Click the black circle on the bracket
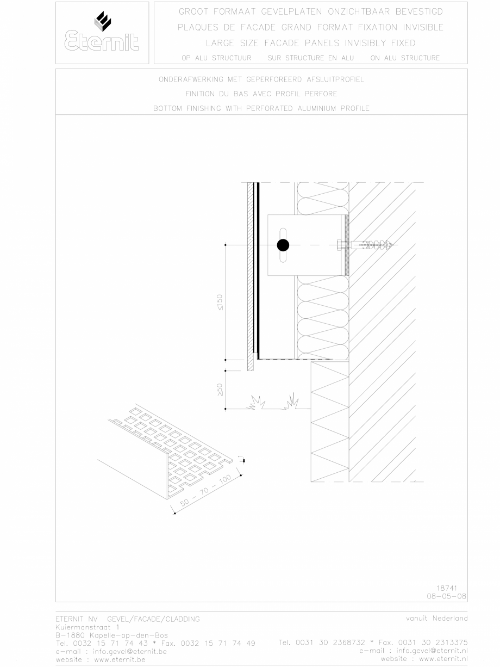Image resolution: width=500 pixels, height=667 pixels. (x=283, y=245)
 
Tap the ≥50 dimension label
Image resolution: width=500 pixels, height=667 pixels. (x=219, y=390)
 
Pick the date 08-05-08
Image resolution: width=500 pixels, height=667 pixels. (x=443, y=596)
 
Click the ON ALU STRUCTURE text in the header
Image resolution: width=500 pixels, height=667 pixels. (x=405, y=58)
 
